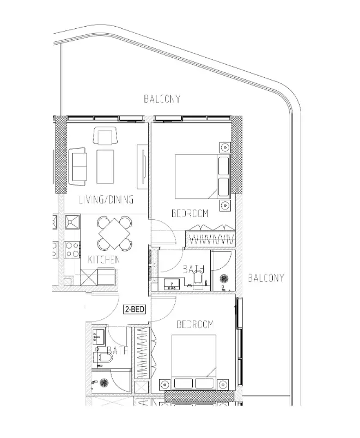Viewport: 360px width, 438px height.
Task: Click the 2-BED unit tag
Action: pyautogui.click(x=135, y=309)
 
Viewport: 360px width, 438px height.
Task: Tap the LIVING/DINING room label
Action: pyautogui.click(x=106, y=200)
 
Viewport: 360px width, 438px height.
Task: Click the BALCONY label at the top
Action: pyautogui.click(x=162, y=98)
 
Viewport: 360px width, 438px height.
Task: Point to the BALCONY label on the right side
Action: pyautogui.click(x=266, y=278)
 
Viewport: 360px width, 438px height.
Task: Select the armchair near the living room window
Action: pyautogui.click(x=104, y=135)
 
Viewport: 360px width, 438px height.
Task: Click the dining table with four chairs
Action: pyautogui.click(x=115, y=233)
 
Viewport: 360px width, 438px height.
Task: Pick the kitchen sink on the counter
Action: pyautogui.click(x=72, y=222)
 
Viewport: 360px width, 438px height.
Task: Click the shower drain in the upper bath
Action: pyautogui.click(x=224, y=279)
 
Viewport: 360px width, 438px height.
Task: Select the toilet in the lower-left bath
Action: pyautogui.click(x=103, y=357)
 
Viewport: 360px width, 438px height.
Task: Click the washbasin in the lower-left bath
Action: pyautogui.click(x=99, y=336)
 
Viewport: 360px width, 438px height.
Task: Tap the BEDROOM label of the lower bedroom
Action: pyautogui.click(x=194, y=324)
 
